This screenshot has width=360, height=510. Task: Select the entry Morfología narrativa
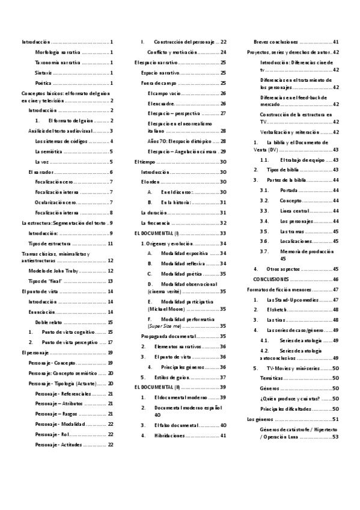click(58, 52)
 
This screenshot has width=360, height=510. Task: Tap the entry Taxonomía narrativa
click(58, 62)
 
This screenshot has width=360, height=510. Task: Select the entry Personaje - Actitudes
click(59, 444)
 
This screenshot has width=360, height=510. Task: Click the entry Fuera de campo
click(154, 82)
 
